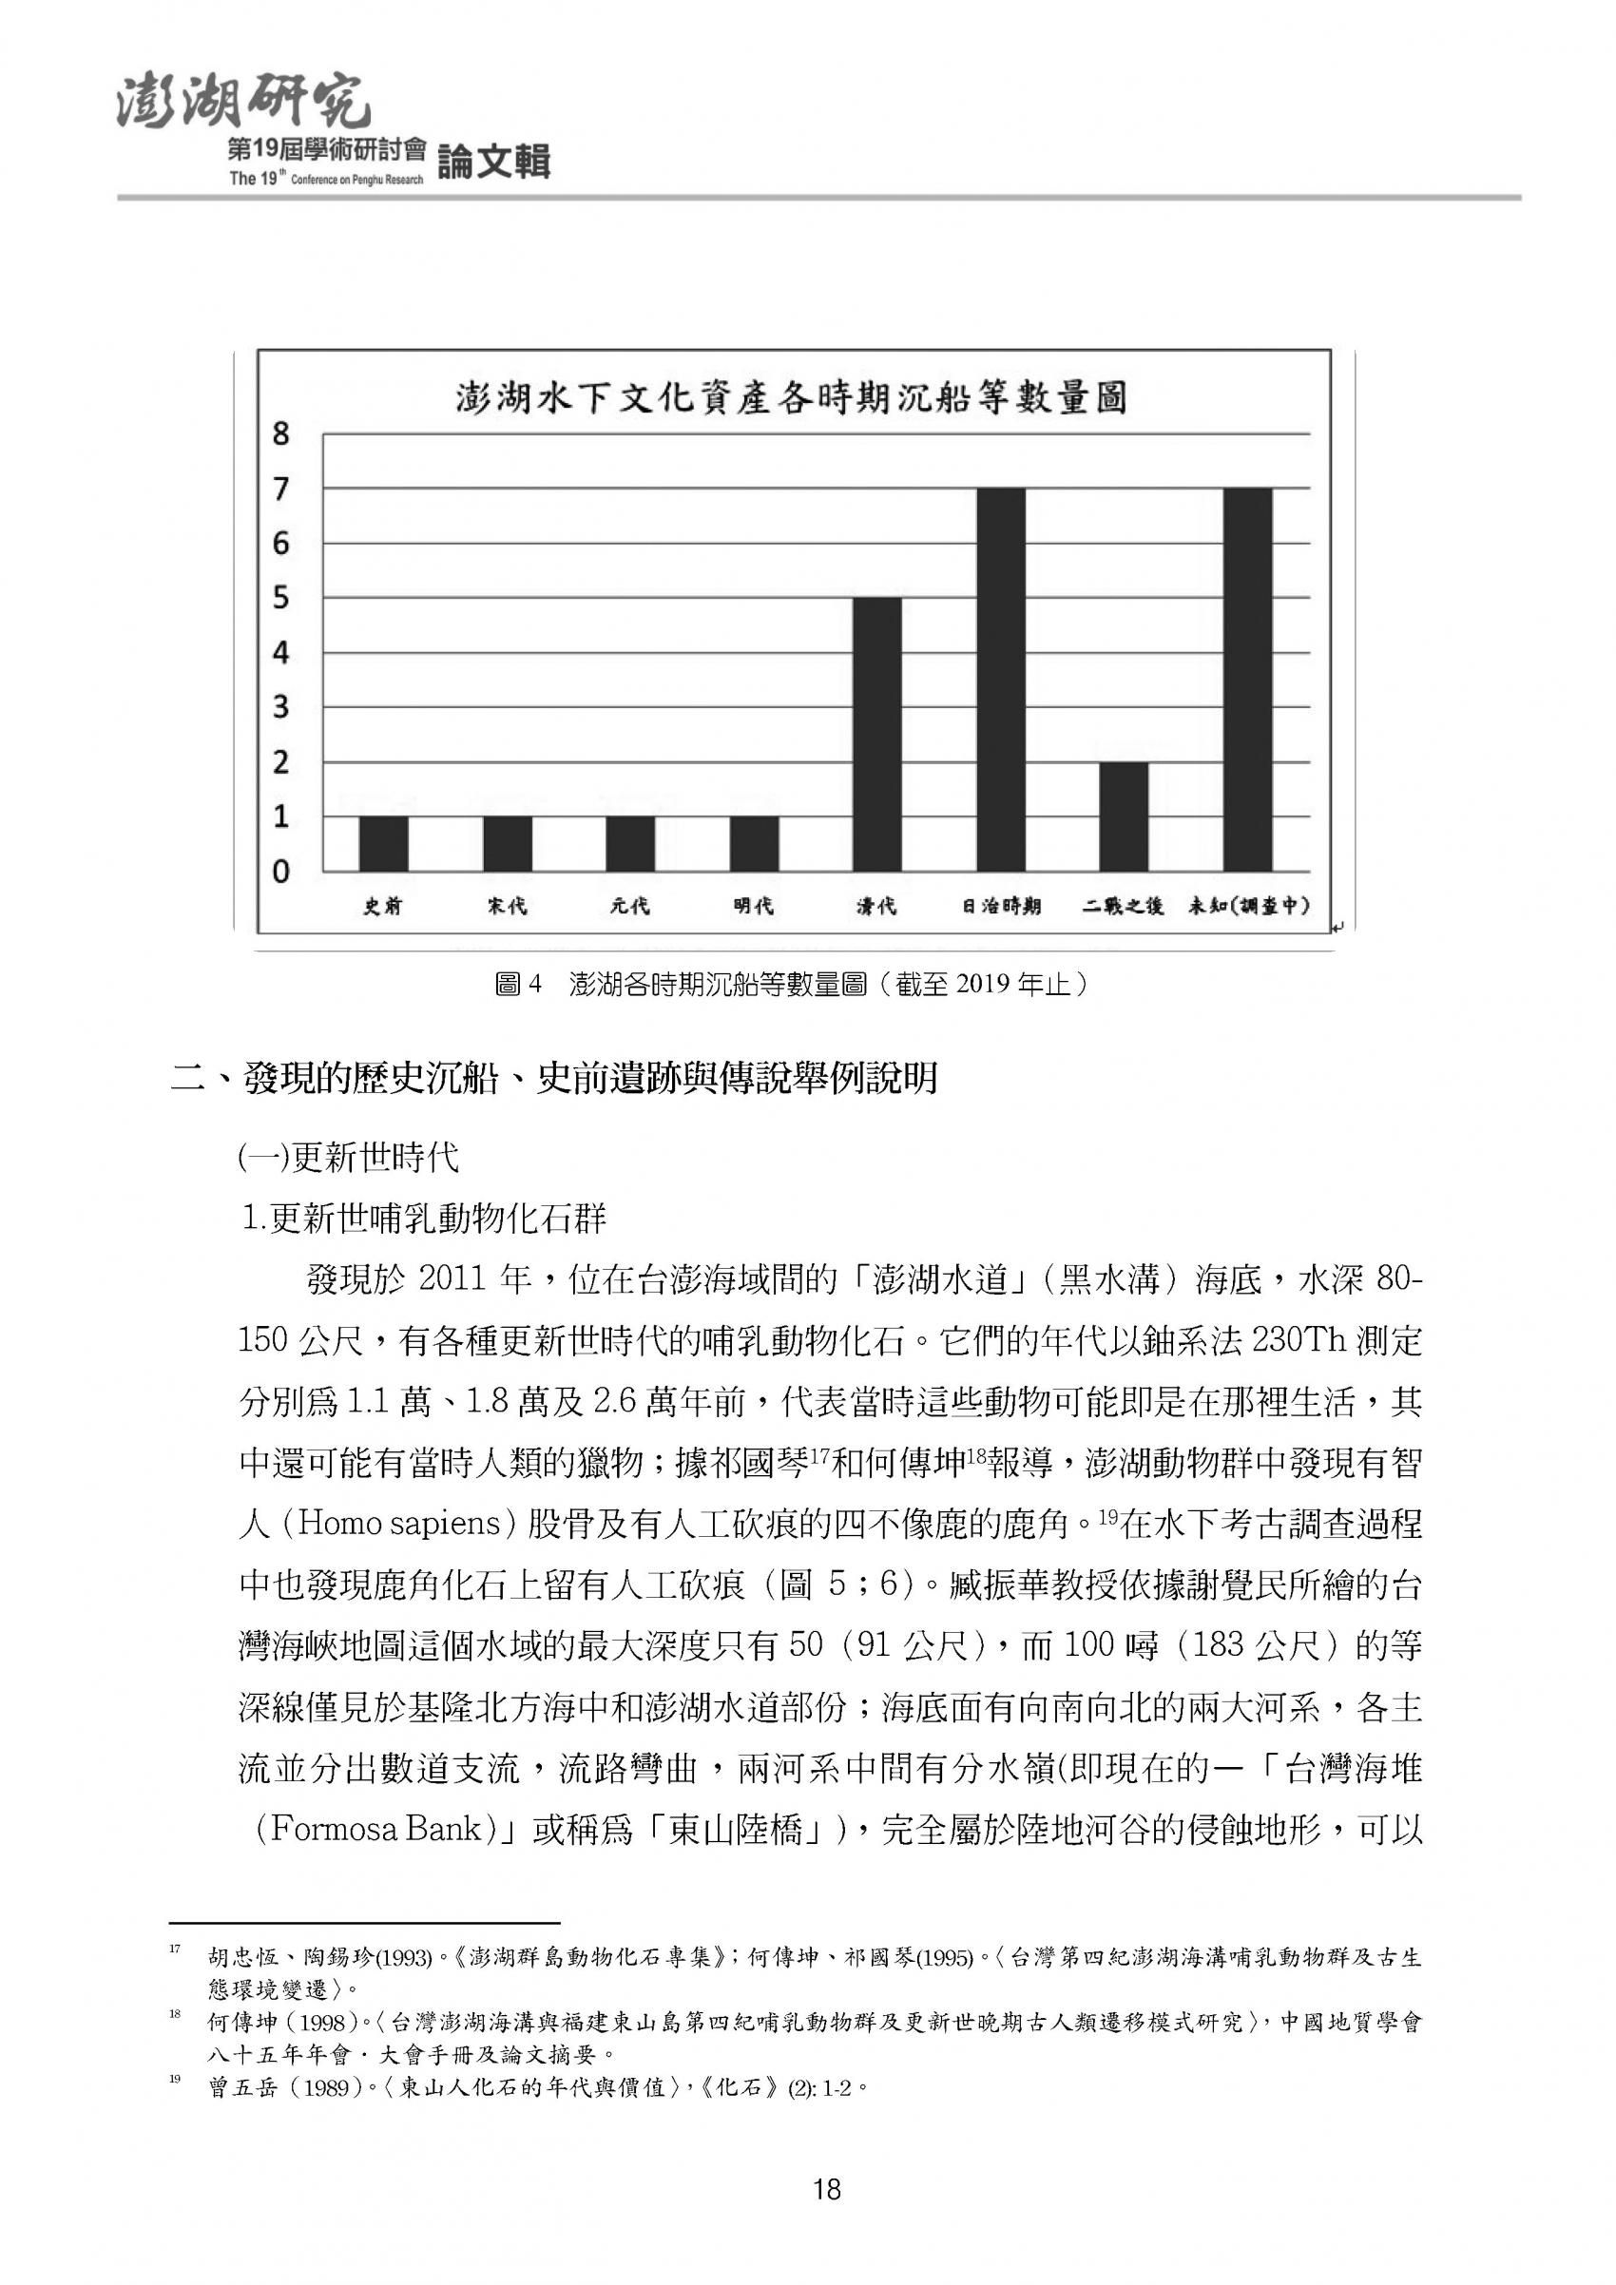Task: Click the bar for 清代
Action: click(876, 735)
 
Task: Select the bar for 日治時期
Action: click(1000, 680)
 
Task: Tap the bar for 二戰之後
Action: click(1124, 816)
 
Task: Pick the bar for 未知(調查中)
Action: click(1247, 680)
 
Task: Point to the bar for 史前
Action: click(383, 844)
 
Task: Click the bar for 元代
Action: click(630, 844)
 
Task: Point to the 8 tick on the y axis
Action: click(280, 434)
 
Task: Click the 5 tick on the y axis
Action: click(280, 598)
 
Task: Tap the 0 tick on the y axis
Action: click(280, 872)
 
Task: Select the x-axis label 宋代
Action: click(508, 907)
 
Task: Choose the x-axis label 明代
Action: click(753, 907)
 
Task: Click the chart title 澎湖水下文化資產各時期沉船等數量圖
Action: click(791, 398)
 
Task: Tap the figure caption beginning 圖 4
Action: click(792, 986)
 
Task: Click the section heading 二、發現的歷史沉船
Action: click(555, 1079)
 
